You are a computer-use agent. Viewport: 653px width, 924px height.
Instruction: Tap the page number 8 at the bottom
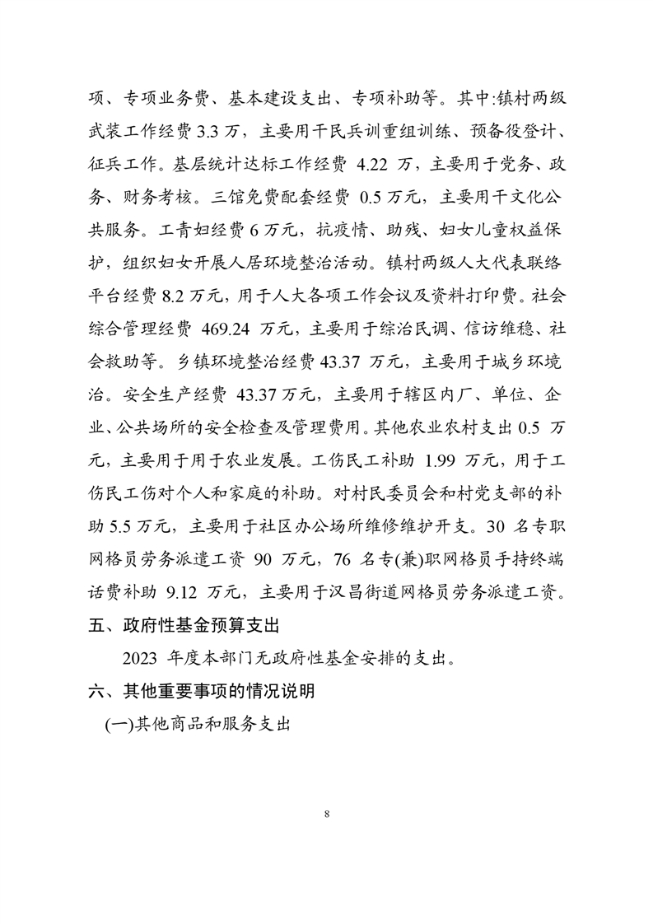pos(327,814)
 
